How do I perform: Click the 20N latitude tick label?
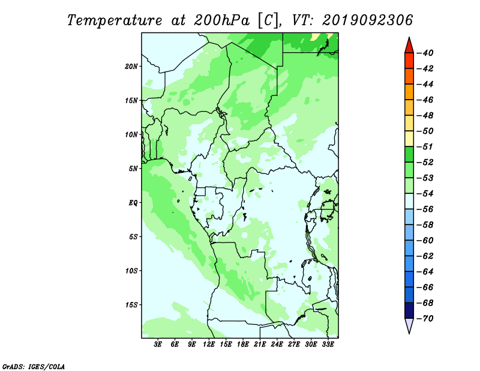click(x=131, y=67)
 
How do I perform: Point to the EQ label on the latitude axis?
click(x=133, y=203)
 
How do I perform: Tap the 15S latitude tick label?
click(x=131, y=305)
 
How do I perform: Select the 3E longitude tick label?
click(x=158, y=345)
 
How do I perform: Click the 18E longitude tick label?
click(x=243, y=345)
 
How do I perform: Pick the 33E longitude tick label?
click(x=328, y=345)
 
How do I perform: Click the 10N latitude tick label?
click(x=131, y=134)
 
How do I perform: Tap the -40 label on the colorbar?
click(x=425, y=53)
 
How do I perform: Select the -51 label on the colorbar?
click(x=425, y=146)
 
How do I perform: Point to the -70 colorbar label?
click(x=425, y=319)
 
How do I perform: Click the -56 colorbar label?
click(x=425, y=210)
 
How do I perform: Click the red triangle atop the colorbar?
click(x=409, y=46)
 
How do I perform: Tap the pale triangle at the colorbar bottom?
click(x=409, y=325)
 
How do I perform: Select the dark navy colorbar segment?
click(x=409, y=310)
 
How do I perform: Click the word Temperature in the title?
click(x=115, y=20)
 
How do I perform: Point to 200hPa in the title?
click(x=221, y=20)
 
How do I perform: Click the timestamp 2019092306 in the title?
click(x=367, y=20)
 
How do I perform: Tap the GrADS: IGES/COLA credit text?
click(x=34, y=366)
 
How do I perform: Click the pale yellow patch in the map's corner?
click(x=316, y=37)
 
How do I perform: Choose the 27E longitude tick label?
click(x=293, y=345)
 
